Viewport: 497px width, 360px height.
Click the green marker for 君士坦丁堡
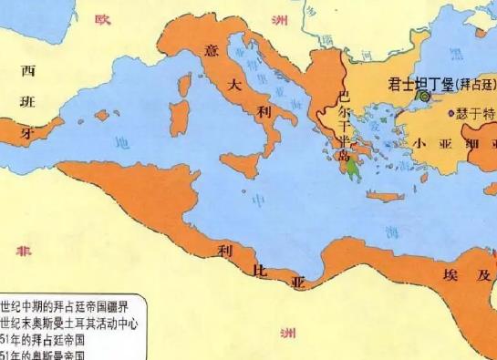423,95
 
